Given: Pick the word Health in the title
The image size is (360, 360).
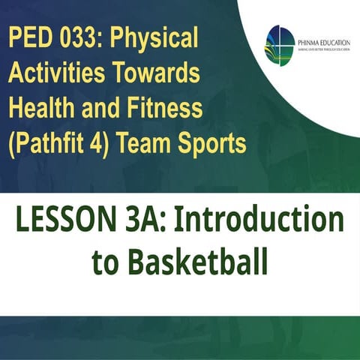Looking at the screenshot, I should click(x=46, y=109).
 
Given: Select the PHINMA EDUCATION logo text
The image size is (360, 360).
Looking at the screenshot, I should click(x=322, y=42).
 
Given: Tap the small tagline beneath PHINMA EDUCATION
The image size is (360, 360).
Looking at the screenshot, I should click(x=322, y=51).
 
